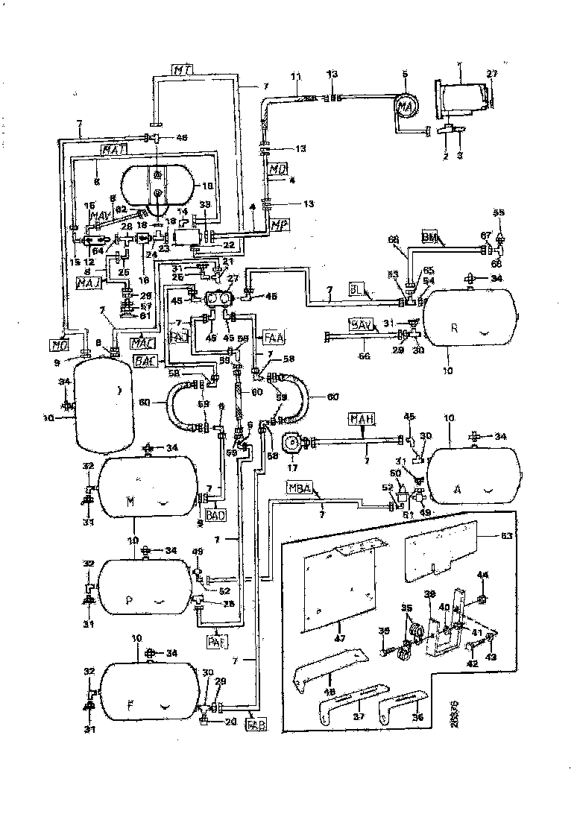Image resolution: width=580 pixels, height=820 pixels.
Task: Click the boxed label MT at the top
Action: (183, 70)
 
